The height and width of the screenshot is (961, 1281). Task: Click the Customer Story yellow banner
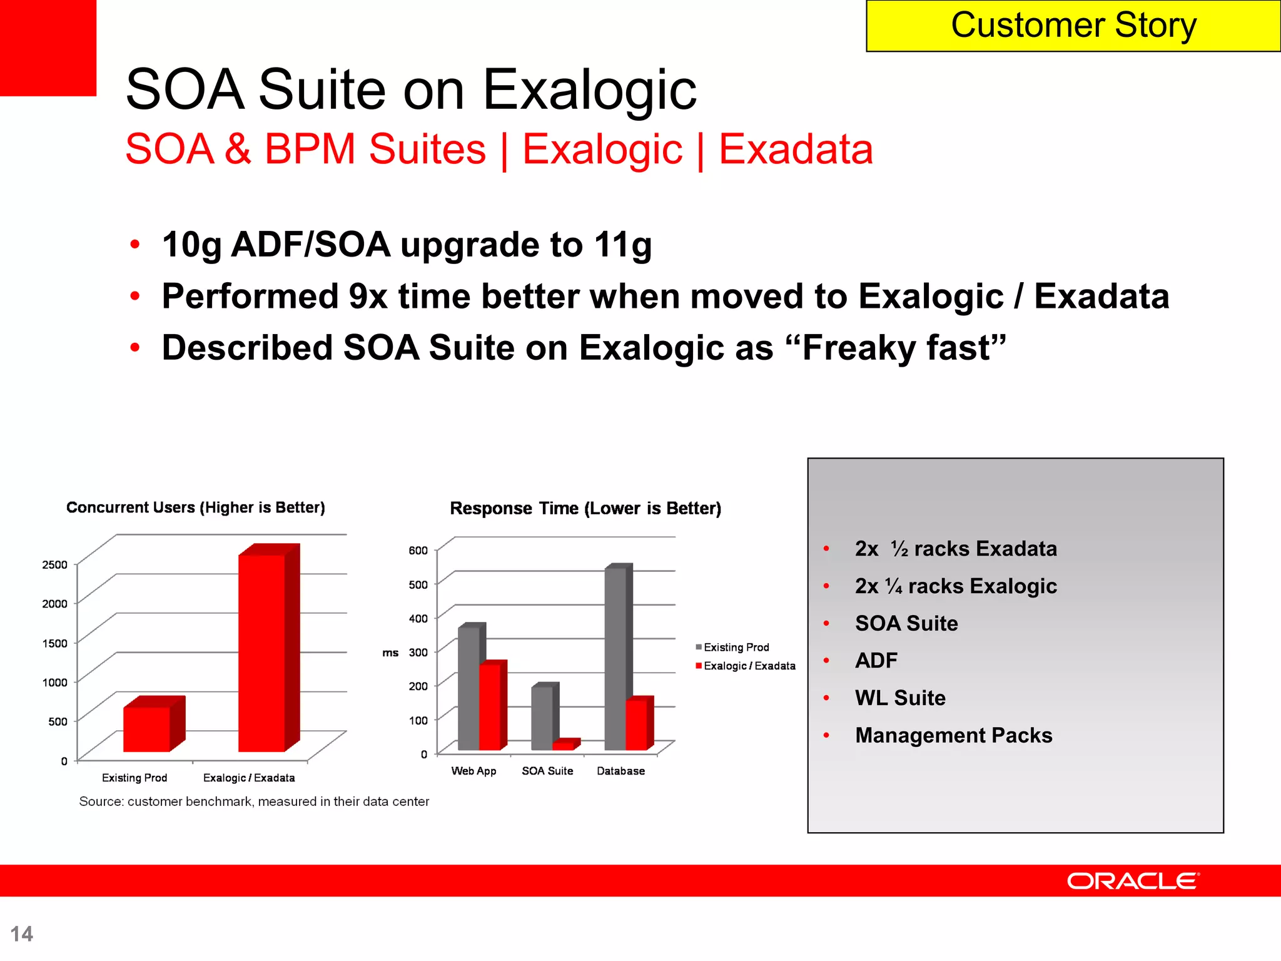pyautogui.click(x=1073, y=26)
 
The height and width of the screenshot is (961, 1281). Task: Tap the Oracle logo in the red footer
pyautogui.click(x=1133, y=881)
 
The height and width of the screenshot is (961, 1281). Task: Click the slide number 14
pyautogui.click(x=22, y=933)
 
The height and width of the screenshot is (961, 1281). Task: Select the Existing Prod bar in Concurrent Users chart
pyautogui.click(x=147, y=729)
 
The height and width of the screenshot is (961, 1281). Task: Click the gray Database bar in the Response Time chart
pyautogui.click(x=615, y=657)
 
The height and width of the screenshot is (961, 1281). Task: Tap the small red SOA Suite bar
pyautogui.click(x=563, y=745)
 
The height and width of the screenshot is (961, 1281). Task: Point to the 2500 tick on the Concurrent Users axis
pyautogui.click(x=54, y=564)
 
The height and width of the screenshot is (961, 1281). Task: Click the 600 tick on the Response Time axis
pyautogui.click(x=418, y=551)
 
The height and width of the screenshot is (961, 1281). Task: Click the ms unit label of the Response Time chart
pyautogui.click(x=390, y=653)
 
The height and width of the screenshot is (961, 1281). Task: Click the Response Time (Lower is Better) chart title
pyautogui.click(x=585, y=508)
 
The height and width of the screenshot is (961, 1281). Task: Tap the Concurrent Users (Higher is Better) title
pyautogui.click(x=196, y=507)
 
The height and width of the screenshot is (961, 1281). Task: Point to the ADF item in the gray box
pyautogui.click(x=876, y=660)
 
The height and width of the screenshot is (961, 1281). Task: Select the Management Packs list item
pyautogui.click(x=953, y=735)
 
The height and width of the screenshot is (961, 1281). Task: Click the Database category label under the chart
pyautogui.click(x=620, y=771)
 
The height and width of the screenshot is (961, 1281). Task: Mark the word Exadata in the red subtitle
pyautogui.click(x=796, y=150)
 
